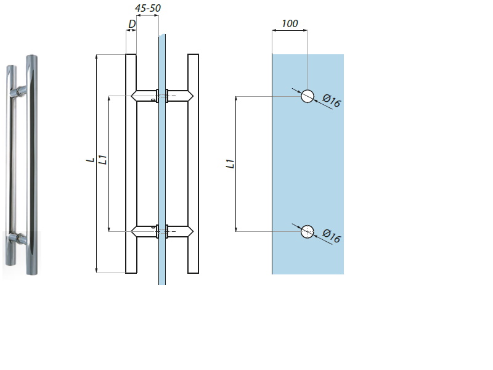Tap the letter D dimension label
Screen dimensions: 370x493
(131, 24)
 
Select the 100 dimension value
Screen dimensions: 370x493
(289, 24)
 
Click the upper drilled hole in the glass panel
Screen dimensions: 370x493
(308, 96)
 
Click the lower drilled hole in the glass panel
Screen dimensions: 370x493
(308, 232)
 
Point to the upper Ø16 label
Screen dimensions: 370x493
(332, 101)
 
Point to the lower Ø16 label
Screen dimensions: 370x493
(332, 236)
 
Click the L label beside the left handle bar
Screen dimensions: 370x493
(91, 160)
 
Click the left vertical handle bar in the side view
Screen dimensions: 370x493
(131, 163)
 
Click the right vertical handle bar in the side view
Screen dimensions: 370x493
(193, 163)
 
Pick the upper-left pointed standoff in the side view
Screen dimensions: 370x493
(143, 96)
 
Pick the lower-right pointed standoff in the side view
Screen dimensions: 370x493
(181, 231)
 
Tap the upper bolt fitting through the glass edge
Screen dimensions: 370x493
(161, 96)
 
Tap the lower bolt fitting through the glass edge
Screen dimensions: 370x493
(161, 231)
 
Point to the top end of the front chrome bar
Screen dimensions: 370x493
(31, 57)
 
